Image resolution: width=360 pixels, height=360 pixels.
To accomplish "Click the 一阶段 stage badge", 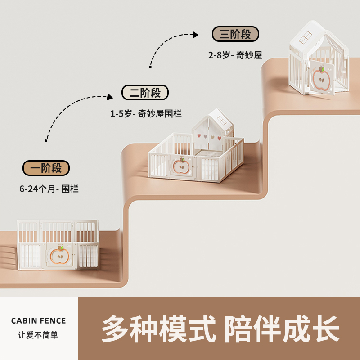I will pyautogui.click(x=46, y=168).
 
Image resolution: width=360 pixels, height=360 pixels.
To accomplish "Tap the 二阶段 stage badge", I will pyautogui.click(x=145, y=93).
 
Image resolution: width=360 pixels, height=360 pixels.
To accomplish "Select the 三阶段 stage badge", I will pyautogui.click(x=235, y=34).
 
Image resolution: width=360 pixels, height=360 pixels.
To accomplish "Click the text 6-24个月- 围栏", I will pyautogui.click(x=49, y=189).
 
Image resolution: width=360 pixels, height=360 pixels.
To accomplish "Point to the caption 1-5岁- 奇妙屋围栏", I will pyautogui.click(x=146, y=114).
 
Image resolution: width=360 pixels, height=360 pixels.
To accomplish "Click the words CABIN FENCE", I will pyautogui.click(x=38, y=321).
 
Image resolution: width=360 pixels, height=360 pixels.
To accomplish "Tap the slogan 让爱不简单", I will pyautogui.click(x=38, y=335).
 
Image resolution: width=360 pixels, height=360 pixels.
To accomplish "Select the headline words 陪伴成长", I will pyautogui.click(x=282, y=328).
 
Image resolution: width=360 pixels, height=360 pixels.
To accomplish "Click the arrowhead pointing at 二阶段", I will pyautogui.click(x=110, y=96).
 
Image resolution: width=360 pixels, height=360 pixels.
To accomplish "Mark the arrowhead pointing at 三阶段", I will pyautogui.click(x=195, y=34).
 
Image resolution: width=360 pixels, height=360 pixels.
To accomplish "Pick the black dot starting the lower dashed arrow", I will pyautogui.click(x=46, y=141).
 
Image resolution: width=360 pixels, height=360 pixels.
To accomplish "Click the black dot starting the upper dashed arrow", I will pyautogui.click(x=150, y=67).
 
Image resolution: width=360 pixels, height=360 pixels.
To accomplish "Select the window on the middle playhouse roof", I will pyautogui.click(x=222, y=121).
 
